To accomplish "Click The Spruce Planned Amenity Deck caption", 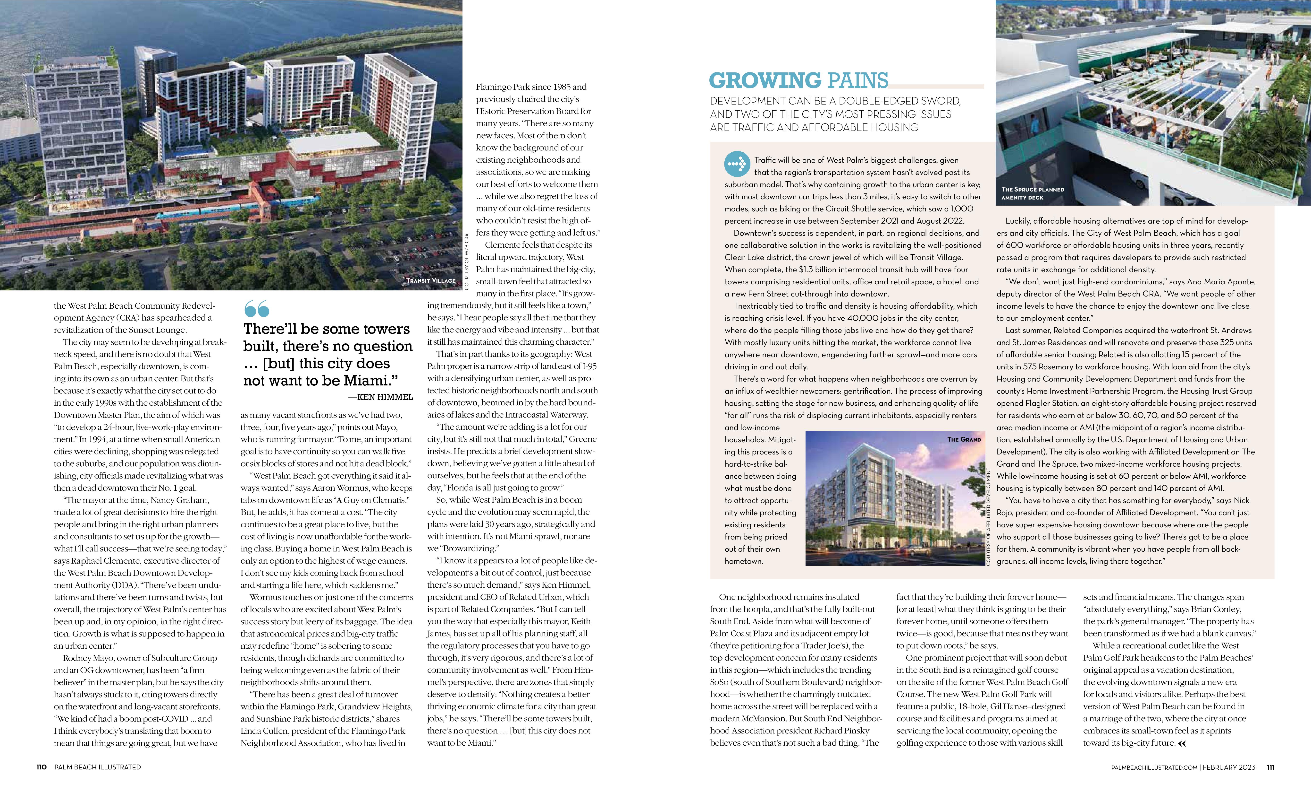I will pos(1032,193).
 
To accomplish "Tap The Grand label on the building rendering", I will pos(964,439).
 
